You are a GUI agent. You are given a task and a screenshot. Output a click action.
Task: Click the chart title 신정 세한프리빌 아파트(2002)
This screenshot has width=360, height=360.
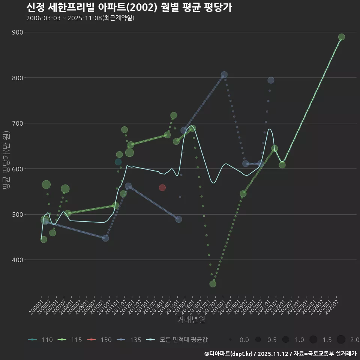(x=129, y=7)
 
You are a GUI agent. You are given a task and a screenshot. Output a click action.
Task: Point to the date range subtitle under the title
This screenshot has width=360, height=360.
(x=80, y=18)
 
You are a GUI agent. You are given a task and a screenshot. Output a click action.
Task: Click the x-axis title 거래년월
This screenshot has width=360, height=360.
(x=191, y=320)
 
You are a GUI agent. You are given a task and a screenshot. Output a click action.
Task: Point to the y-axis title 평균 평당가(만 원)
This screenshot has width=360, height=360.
(x=6, y=161)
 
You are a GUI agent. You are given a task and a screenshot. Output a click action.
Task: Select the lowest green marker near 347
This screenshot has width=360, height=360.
(x=213, y=284)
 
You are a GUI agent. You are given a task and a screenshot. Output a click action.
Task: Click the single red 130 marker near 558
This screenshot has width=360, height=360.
(x=162, y=187)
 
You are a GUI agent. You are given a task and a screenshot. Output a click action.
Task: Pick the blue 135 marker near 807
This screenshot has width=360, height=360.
(x=224, y=75)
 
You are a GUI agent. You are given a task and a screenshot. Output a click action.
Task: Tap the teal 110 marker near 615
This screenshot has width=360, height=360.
(x=118, y=162)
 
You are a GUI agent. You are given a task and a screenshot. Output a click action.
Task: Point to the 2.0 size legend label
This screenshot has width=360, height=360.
(x=354, y=340)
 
